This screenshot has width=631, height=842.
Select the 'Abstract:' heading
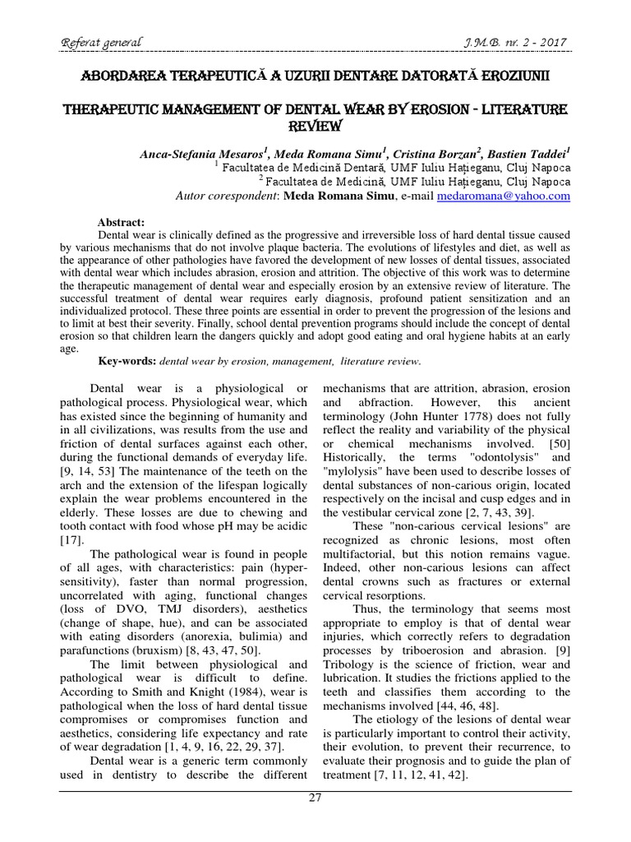pyautogui.click(x=121, y=222)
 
